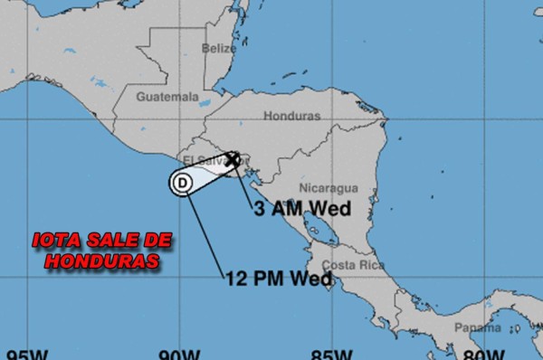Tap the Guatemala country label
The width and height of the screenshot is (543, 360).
coord(167,96)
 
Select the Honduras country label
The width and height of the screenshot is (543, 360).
coord(291,116)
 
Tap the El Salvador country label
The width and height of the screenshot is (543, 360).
coord(201,159)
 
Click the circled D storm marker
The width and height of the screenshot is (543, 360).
coord(182,183)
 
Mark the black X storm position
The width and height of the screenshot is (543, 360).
coord(232,159)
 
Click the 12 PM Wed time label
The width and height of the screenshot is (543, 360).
coord(279,279)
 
